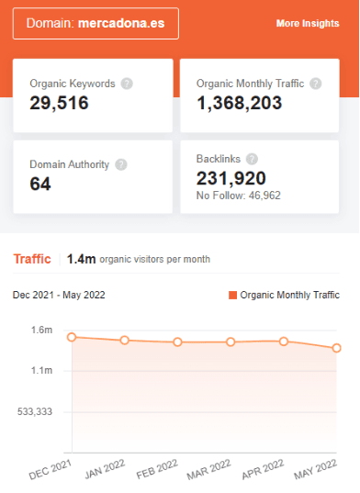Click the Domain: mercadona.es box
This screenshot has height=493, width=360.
[96, 23]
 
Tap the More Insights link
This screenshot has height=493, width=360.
[308, 24]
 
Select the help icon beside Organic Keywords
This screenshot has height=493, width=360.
[127, 84]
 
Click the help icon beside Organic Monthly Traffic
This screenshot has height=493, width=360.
[316, 84]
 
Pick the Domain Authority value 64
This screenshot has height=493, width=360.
[40, 184]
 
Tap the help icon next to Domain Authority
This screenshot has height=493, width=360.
[121, 165]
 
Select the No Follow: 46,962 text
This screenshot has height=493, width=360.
[239, 195]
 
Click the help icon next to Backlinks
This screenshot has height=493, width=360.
[252, 159]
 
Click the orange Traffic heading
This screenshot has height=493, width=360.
[32, 259]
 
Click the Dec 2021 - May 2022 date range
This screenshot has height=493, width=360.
[59, 295]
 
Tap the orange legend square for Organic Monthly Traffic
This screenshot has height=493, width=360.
[232, 295]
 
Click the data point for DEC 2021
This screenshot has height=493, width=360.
[72, 337]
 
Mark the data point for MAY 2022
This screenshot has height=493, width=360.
[337, 348]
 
